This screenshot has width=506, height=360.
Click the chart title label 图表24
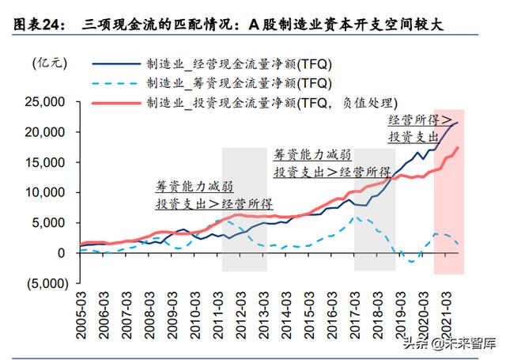point(36,25)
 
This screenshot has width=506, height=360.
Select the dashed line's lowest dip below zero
point(412,261)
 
